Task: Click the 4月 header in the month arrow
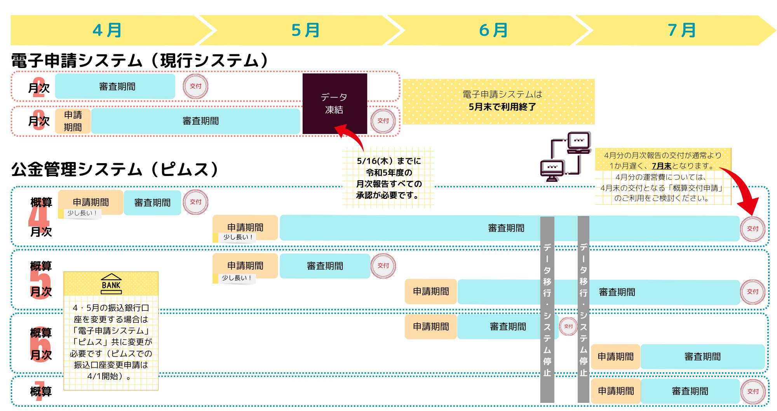pyautogui.click(x=107, y=30)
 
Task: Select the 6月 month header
pyautogui.click(x=493, y=30)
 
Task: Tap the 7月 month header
pyautogui.click(x=682, y=30)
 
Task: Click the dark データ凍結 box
pyautogui.click(x=335, y=104)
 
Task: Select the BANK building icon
pyautogui.click(x=111, y=284)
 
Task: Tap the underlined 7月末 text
pyautogui.click(x=662, y=166)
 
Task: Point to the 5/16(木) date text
pyautogui.click(x=375, y=161)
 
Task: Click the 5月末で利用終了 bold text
pyautogui.click(x=502, y=107)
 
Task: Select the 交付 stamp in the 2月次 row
pyautogui.click(x=195, y=86)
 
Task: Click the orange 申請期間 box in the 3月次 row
pyautogui.click(x=73, y=121)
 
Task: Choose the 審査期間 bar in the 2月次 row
pyautogui.click(x=115, y=86)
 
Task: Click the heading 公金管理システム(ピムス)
pyautogui.click(x=115, y=170)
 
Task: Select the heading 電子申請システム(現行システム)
pyautogui.click(x=140, y=61)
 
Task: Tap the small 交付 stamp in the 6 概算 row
pyautogui.click(x=568, y=326)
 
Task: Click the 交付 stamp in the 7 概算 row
pyautogui.click(x=753, y=392)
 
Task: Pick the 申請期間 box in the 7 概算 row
pyautogui.click(x=616, y=391)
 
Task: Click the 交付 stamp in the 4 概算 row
pyautogui.click(x=195, y=202)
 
